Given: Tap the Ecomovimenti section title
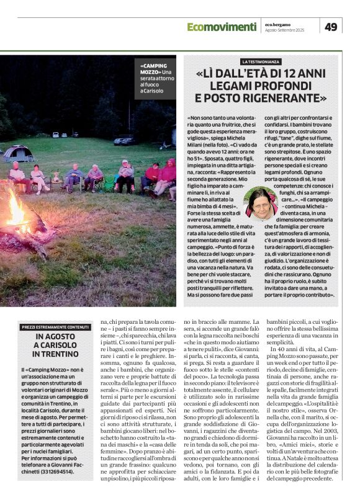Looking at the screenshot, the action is click(221, 26).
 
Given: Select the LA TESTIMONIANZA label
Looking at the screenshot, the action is click(261, 62).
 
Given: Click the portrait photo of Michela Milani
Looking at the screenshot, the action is click(261, 202).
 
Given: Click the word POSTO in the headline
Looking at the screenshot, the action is click(223, 98).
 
